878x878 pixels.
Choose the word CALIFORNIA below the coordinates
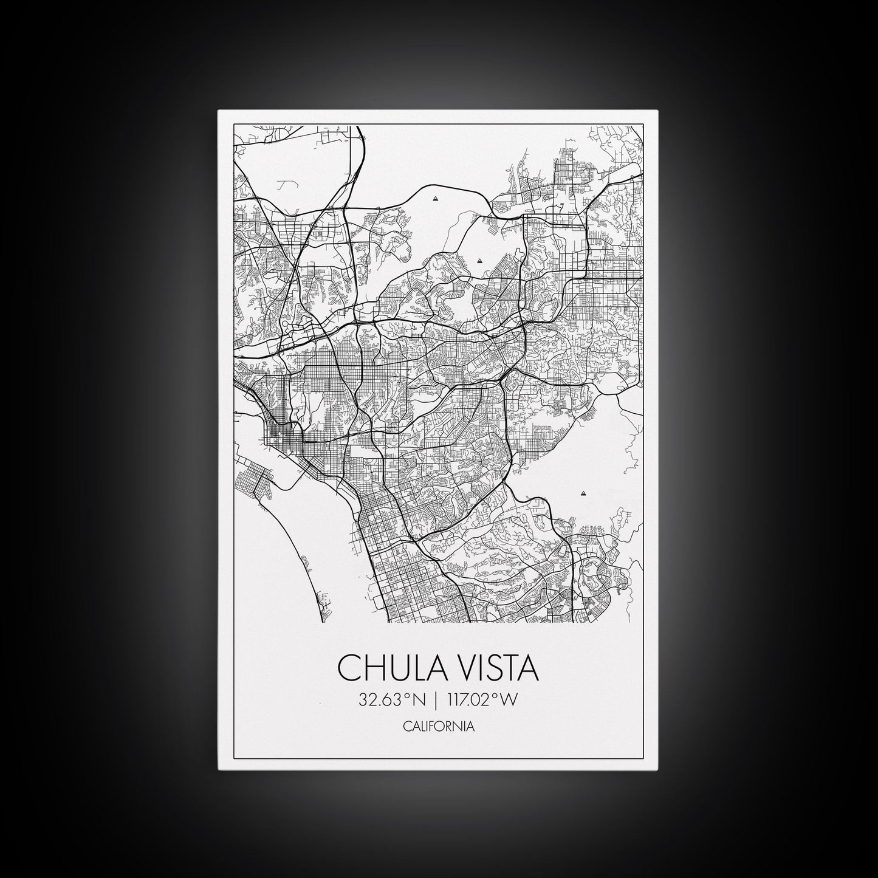point(439,726)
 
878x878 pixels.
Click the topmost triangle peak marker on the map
point(436,198)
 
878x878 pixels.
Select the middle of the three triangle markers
point(479,261)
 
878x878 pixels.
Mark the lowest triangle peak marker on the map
point(583,493)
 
